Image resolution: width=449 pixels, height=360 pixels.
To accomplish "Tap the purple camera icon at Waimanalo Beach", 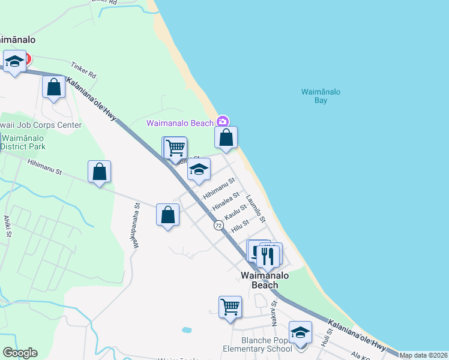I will pyautogui.click(x=223, y=121).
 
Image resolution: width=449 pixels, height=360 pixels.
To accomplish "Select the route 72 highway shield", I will pyautogui.click(x=218, y=225).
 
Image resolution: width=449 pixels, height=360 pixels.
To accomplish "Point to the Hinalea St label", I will pyautogui.click(x=226, y=201).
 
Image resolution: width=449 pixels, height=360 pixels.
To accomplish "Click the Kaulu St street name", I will pyautogui.click(x=235, y=212).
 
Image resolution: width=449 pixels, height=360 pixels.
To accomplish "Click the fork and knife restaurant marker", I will pyautogui.click(x=268, y=255).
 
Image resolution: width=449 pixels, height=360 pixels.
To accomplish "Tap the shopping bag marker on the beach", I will pyautogui.click(x=226, y=138).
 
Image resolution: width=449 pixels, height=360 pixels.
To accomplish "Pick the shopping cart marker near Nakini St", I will pyautogui.click(x=230, y=307).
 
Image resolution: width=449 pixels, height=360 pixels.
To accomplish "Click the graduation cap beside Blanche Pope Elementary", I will pyautogui.click(x=300, y=332).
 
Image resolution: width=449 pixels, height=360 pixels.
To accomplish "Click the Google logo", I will pyautogui.click(x=20, y=353).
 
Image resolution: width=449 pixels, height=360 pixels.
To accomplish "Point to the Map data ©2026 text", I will pyautogui.click(x=423, y=355).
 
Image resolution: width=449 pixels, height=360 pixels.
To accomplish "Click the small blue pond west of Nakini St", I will pyautogui.click(x=186, y=330).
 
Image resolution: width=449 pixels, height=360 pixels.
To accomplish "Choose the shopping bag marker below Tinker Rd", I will pyautogui.click(x=54, y=87).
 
